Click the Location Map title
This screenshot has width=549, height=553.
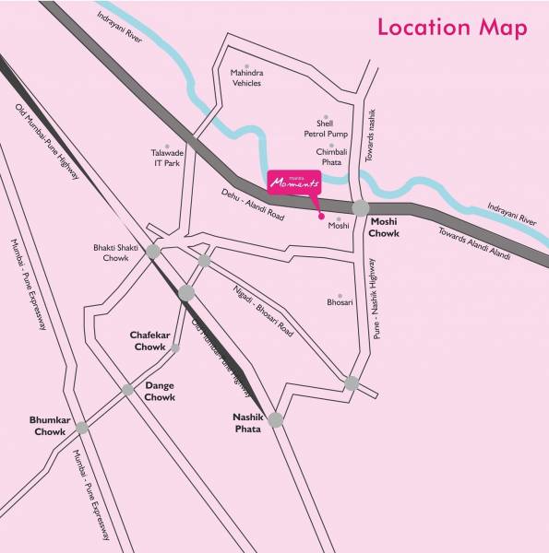(x=452, y=28)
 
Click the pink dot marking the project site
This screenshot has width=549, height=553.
(x=321, y=217)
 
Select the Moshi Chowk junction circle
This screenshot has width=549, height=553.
(x=360, y=209)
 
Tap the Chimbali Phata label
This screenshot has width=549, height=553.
(x=329, y=156)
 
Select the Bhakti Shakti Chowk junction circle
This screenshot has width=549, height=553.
(x=153, y=251)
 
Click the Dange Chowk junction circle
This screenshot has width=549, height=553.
(x=128, y=390)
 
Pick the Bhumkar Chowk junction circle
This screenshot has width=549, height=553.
(x=82, y=427)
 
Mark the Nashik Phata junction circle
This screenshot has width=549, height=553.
(x=276, y=420)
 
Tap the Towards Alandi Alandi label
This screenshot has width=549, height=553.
(x=473, y=245)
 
